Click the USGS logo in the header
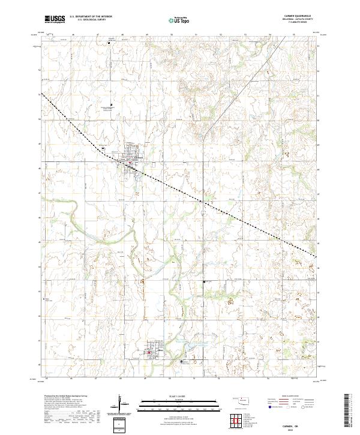(55, 20)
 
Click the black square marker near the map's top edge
(110, 42)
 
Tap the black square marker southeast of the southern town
(182, 362)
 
